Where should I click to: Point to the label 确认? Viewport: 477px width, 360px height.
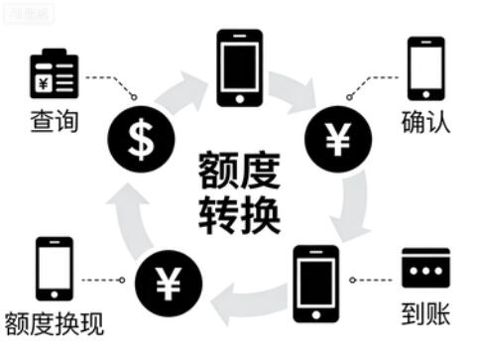[424, 124]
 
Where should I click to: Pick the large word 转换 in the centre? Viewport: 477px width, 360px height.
[239, 211]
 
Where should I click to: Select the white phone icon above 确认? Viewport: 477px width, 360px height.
[424, 68]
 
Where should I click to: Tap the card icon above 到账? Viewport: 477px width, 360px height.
[425, 267]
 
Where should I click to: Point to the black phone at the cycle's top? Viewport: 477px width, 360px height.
[239, 66]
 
